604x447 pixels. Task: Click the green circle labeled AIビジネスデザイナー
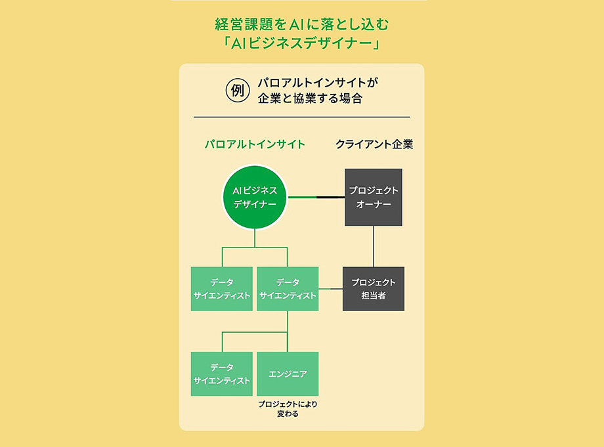pyautogui.click(x=255, y=197)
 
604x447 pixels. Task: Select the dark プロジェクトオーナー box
pyautogui.click(x=374, y=197)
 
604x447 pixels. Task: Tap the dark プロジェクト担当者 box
pyautogui.click(x=374, y=289)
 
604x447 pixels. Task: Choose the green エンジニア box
pyautogui.click(x=288, y=374)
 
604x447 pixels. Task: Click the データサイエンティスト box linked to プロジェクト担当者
pyautogui.click(x=288, y=289)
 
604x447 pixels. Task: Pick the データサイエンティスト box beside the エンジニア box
pyautogui.click(x=221, y=374)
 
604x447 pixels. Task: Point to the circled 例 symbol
pyautogui.click(x=237, y=91)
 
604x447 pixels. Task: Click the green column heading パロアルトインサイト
pyautogui.click(x=255, y=144)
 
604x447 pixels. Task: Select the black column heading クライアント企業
pyautogui.click(x=374, y=144)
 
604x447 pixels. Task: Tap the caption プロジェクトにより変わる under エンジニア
pyautogui.click(x=288, y=409)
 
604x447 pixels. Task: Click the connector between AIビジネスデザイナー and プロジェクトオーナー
pyautogui.click(x=316, y=197)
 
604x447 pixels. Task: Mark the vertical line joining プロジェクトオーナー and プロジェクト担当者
pyautogui.click(x=374, y=246)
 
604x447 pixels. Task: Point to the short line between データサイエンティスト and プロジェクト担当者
pyautogui.click(x=330, y=289)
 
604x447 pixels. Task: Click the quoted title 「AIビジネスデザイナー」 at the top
pyautogui.click(x=301, y=43)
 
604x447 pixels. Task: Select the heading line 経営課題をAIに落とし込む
pyautogui.click(x=301, y=24)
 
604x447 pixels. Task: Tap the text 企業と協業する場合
pyautogui.click(x=310, y=98)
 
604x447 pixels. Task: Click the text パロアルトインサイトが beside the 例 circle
pyautogui.click(x=318, y=83)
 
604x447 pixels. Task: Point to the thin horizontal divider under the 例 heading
pyautogui.click(x=301, y=117)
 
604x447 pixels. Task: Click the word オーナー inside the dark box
pyautogui.click(x=374, y=204)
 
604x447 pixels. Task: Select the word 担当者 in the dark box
pyautogui.click(x=374, y=295)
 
